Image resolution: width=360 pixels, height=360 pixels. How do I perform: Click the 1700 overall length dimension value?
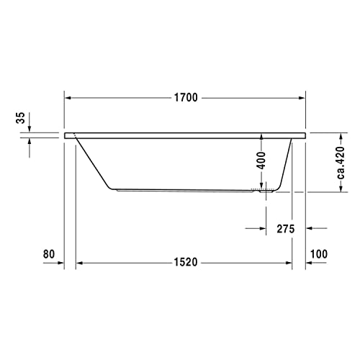[x=185, y=97]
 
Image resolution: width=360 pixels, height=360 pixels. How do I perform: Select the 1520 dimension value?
[x=185, y=263]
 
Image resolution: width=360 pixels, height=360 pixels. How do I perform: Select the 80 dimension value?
[x=49, y=253]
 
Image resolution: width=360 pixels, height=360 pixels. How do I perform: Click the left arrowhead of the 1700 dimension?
[x=68, y=97]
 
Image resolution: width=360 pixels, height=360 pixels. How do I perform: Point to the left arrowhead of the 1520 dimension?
[x=81, y=263]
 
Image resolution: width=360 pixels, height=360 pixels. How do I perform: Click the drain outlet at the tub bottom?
[x=264, y=192]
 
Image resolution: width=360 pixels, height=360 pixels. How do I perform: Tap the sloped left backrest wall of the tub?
[x=92, y=163]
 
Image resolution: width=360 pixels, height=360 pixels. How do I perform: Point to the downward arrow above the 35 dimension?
[x=30, y=129]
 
